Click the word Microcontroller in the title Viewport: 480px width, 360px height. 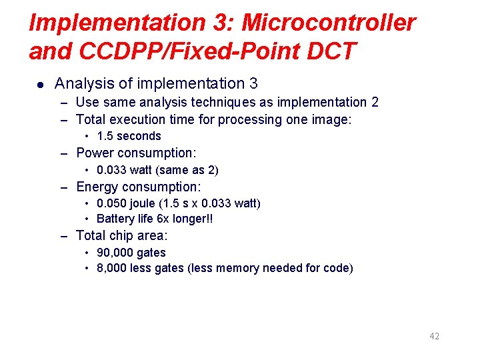329,23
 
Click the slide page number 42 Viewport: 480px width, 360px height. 434,336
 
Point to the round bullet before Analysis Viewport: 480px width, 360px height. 40,85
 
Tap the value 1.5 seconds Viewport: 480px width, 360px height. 129,136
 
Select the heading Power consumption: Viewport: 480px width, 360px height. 136,153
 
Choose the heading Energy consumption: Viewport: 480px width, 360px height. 139,187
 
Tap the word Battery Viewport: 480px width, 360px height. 115,219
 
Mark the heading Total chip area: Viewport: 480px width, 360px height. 122,235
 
